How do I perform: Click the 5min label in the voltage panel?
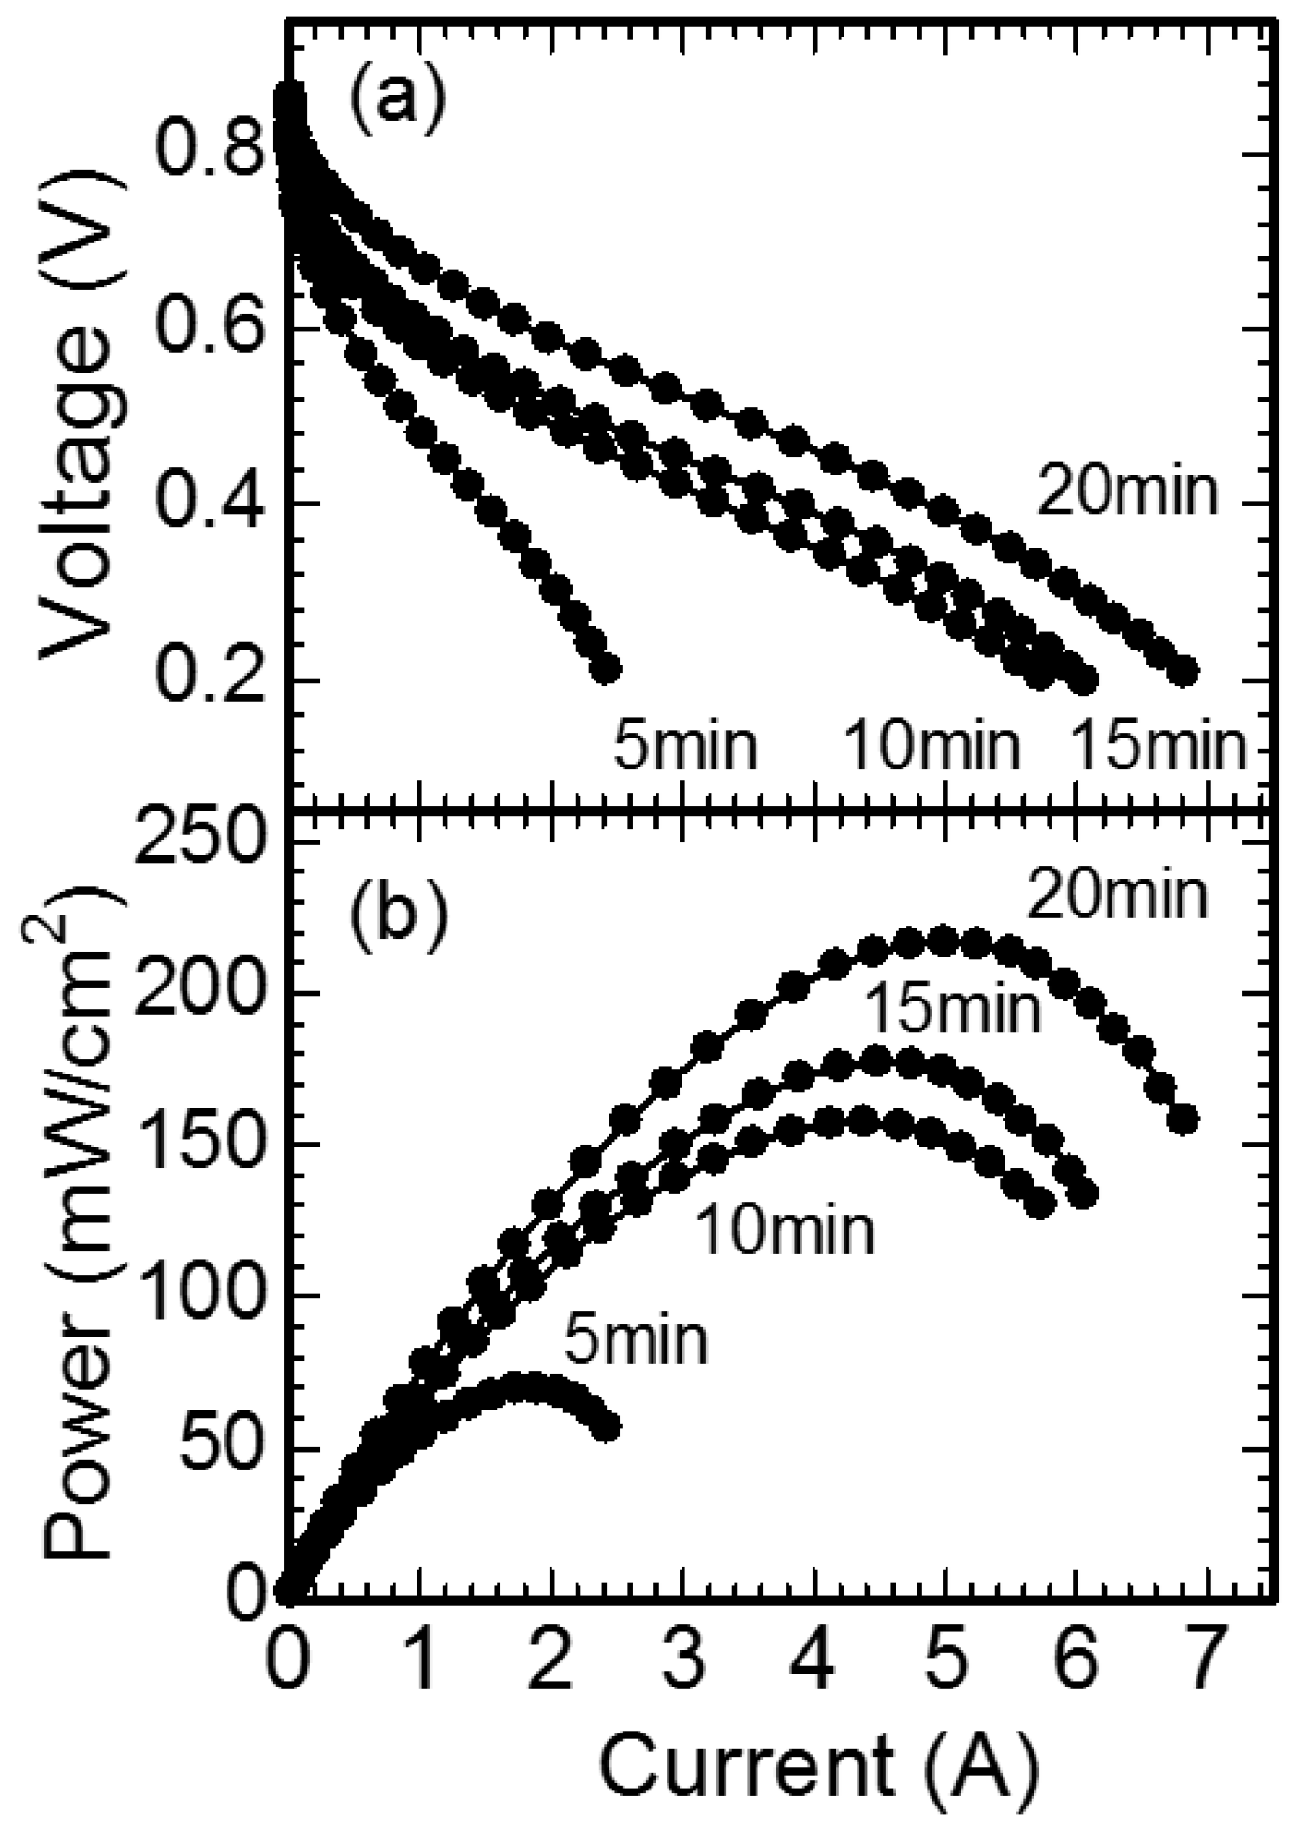coord(684,747)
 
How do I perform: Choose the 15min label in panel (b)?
coord(950,1011)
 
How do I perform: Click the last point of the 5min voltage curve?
coord(606,669)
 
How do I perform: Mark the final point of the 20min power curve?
coord(1184,1119)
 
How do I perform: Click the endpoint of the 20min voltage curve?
coord(1184,671)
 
